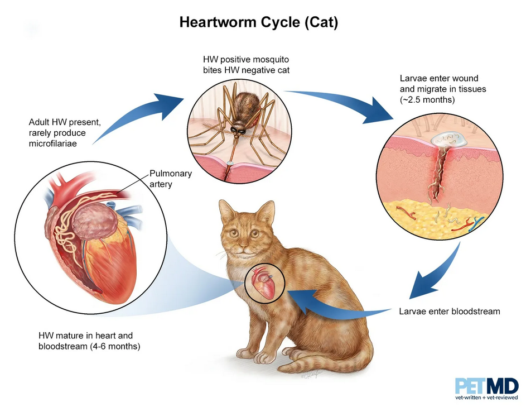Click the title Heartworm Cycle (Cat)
tap(259, 22)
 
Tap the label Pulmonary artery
tap(171, 179)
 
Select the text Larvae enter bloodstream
tap(450, 312)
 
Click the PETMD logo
tap(486, 389)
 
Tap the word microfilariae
tap(52, 143)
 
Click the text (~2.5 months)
tap(427, 100)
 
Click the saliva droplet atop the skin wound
tap(449, 139)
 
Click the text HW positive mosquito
tap(245, 60)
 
